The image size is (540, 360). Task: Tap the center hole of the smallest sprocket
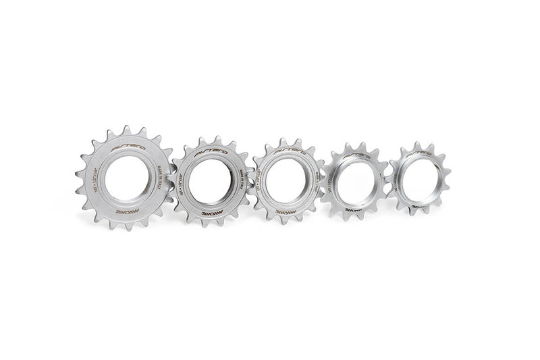pyautogui.click(x=420, y=178)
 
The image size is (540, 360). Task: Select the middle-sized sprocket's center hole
pyautogui.click(x=286, y=178)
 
